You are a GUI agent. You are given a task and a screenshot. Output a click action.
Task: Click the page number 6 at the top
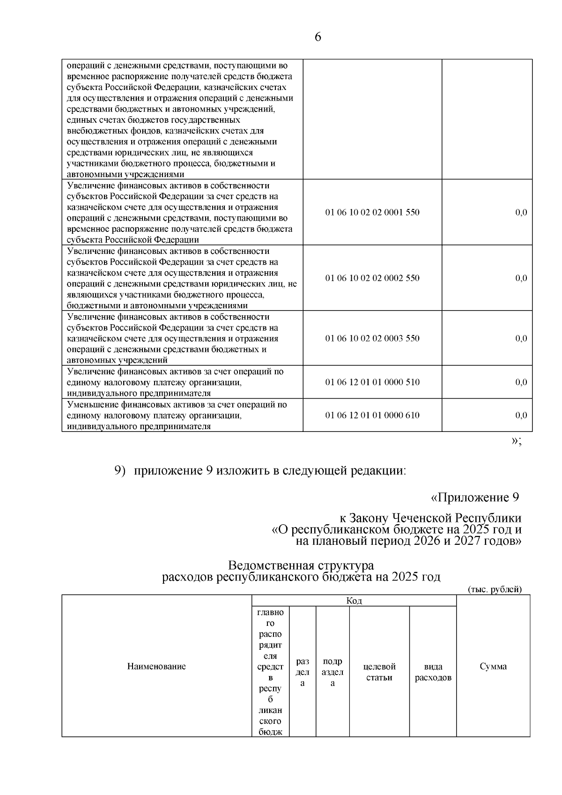click(x=318, y=37)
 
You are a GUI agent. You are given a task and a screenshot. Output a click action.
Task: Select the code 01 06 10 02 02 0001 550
click(x=372, y=212)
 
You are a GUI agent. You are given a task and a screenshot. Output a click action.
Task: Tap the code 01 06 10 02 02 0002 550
click(x=372, y=278)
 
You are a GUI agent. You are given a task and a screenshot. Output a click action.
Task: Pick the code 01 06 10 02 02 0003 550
click(x=372, y=338)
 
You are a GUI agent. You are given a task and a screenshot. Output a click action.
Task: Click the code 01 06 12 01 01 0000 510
click(x=372, y=382)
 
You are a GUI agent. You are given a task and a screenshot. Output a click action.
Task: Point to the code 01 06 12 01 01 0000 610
click(x=372, y=415)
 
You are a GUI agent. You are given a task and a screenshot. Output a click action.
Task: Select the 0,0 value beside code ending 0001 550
click(x=521, y=212)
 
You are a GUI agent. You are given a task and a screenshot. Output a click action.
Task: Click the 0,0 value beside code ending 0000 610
click(x=521, y=415)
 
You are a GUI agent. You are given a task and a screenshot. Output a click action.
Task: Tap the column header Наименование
click(x=156, y=667)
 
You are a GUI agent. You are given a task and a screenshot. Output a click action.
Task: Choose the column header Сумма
click(x=493, y=667)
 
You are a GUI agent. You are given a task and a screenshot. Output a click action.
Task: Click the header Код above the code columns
click(x=354, y=601)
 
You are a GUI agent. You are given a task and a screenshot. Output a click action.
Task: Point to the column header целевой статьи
click(x=379, y=672)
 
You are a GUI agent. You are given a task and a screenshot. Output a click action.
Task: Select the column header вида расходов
click(x=433, y=672)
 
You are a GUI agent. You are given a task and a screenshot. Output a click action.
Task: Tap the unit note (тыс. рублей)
click(x=495, y=589)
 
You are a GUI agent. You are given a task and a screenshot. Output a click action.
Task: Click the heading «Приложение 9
click(x=475, y=497)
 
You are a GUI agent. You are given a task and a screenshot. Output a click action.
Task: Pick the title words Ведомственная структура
click(x=301, y=566)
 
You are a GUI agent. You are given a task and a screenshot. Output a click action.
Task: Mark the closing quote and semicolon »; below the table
click(x=517, y=441)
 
